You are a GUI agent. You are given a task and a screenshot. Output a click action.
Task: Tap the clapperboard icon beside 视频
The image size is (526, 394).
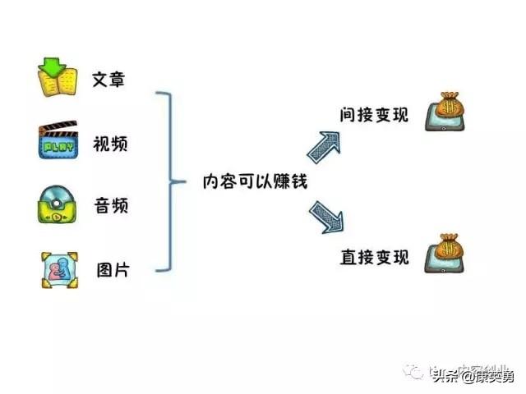[58, 142]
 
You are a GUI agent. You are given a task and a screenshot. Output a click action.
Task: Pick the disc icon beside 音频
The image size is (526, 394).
[58, 205]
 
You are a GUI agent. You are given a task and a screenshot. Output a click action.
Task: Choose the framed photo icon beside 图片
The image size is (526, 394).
[58, 269]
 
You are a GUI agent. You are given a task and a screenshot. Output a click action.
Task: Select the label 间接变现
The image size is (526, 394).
[374, 115]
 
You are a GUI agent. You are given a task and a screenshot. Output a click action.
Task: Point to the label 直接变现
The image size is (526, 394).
[374, 257]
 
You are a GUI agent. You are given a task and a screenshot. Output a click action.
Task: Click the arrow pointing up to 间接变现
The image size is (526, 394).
[326, 145]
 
